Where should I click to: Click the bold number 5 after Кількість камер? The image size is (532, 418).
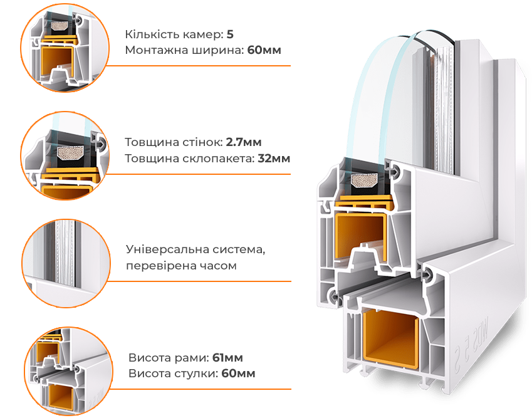click(x=230, y=34)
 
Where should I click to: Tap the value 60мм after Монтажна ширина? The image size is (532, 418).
click(x=264, y=50)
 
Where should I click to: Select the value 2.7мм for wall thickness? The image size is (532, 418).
click(x=244, y=142)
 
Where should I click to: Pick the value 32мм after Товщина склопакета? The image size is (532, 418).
click(x=274, y=159)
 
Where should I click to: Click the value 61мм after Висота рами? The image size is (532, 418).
click(x=227, y=358)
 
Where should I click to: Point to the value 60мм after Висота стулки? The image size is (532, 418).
click(x=238, y=374)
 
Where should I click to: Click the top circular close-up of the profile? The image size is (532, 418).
click(x=65, y=48)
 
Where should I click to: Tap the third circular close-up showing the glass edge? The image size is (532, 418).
click(x=66, y=263)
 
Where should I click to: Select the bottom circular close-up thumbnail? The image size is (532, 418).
click(x=68, y=372)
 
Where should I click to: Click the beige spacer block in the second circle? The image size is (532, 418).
click(x=71, y=153)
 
